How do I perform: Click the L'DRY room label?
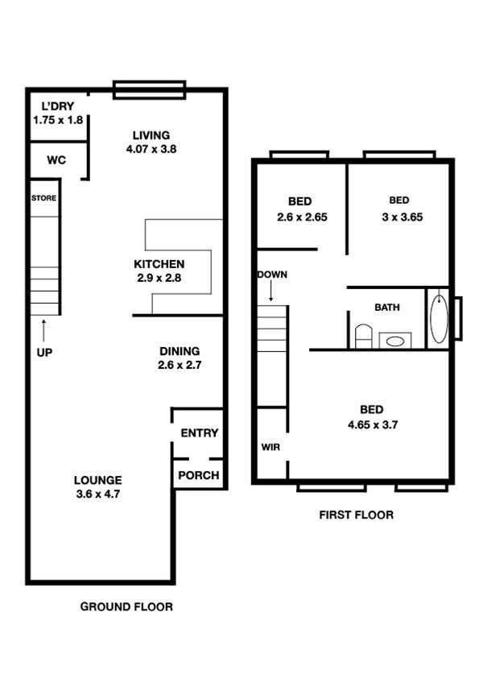coord(57,106)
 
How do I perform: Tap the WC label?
coord(56,160)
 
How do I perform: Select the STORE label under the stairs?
coord(43,198)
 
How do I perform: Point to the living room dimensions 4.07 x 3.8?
coord(151,149)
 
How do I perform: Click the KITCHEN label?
coord(159,264)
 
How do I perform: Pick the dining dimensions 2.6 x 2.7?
coord(180,365)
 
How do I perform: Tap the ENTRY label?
coord(200,433)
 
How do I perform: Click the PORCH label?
coord(198,475)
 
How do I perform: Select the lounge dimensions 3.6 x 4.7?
coord(97,494)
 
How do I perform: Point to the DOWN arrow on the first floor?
coord(271,291)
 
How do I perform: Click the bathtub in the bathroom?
coord(440,318)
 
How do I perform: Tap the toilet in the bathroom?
coord(364,337)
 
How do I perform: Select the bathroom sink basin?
coord(395,341)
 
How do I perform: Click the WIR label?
coord(270,447)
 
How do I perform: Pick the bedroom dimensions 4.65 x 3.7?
coord(373,424)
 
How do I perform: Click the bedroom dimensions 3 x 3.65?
coord(402,217)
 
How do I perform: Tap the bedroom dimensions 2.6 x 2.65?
coord(302,217)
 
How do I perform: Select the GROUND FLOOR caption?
coord(126,606)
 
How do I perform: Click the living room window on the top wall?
coord(149,90)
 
